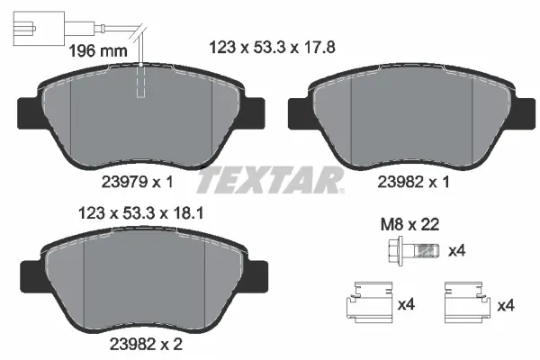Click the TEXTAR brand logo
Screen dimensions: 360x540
[270, 181]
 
